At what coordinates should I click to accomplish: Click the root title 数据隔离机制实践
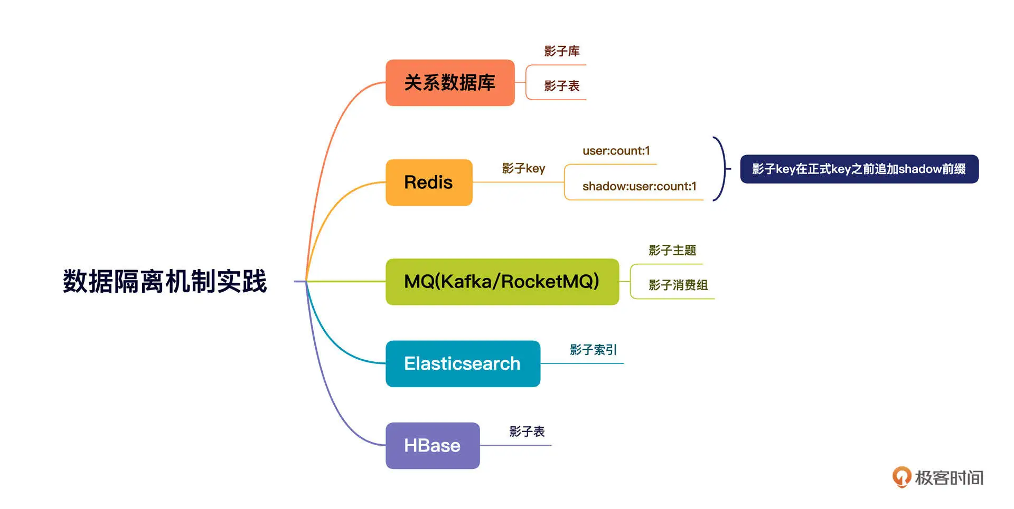pyautogui.click(x=165, y=281)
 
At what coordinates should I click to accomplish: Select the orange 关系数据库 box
pyautogui.click(x=450, y=83)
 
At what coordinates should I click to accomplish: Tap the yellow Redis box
pyautogui.click(x=429, y=183)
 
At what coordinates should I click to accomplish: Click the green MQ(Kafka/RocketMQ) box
pyautogui.click(x=502, y=282)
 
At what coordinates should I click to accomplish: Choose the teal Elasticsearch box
pyautogui.click(x=463, y=364)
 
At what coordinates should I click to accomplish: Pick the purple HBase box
pyautogui.click(x=433, y=446)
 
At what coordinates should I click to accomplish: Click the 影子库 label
pyautogui.click(x=562, y=51)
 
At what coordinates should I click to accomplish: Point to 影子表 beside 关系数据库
pyautogui.click(x=562, y=86)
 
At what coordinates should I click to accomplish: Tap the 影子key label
pyautogui.click(x=523, y=168)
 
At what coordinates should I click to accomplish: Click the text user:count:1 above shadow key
pyautogui.click(x=616, y=151)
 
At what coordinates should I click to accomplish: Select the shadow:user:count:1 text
pyautogui.click(x=639, y=186)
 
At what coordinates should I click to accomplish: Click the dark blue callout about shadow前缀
pyautogui.click(x=859, y=169)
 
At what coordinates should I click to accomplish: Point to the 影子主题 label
pyautogui.click(x=672, y=250)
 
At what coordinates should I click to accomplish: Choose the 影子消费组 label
pyautogui.click(x=678, y=285)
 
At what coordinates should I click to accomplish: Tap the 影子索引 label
pyautogui.click(x=593, y=350)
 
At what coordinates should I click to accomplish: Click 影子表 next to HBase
pyautogui.click(x=527, y=431)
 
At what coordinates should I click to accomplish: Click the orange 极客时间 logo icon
pyautogui.click(x=902, y=477)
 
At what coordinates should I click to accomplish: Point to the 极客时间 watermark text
pyautogui.click(x=949, y=478)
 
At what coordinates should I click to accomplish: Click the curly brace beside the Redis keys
pyautogui.click(x=721, y=169)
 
